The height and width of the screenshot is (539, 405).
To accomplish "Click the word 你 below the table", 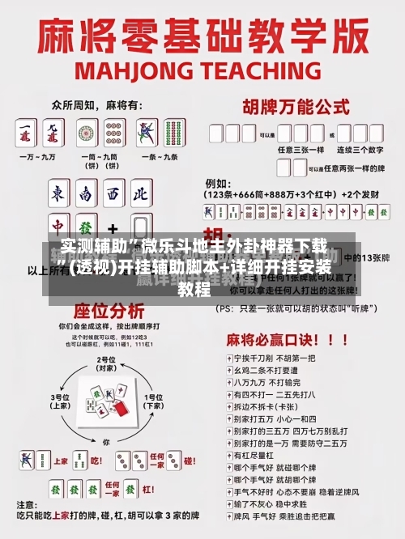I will pos(105,441).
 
